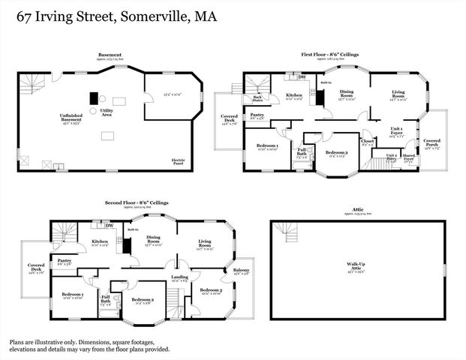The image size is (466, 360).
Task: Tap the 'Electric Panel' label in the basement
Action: coord(179,160)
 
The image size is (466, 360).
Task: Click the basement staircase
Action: coord(29,85)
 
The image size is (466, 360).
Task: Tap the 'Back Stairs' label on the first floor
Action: coord(257,97)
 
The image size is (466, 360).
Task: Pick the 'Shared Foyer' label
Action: coord(409,158)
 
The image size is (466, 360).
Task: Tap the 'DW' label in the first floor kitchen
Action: coord(301,76)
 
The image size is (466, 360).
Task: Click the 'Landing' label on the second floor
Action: coord(179,277)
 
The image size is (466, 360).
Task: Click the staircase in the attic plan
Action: coord(282,235)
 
